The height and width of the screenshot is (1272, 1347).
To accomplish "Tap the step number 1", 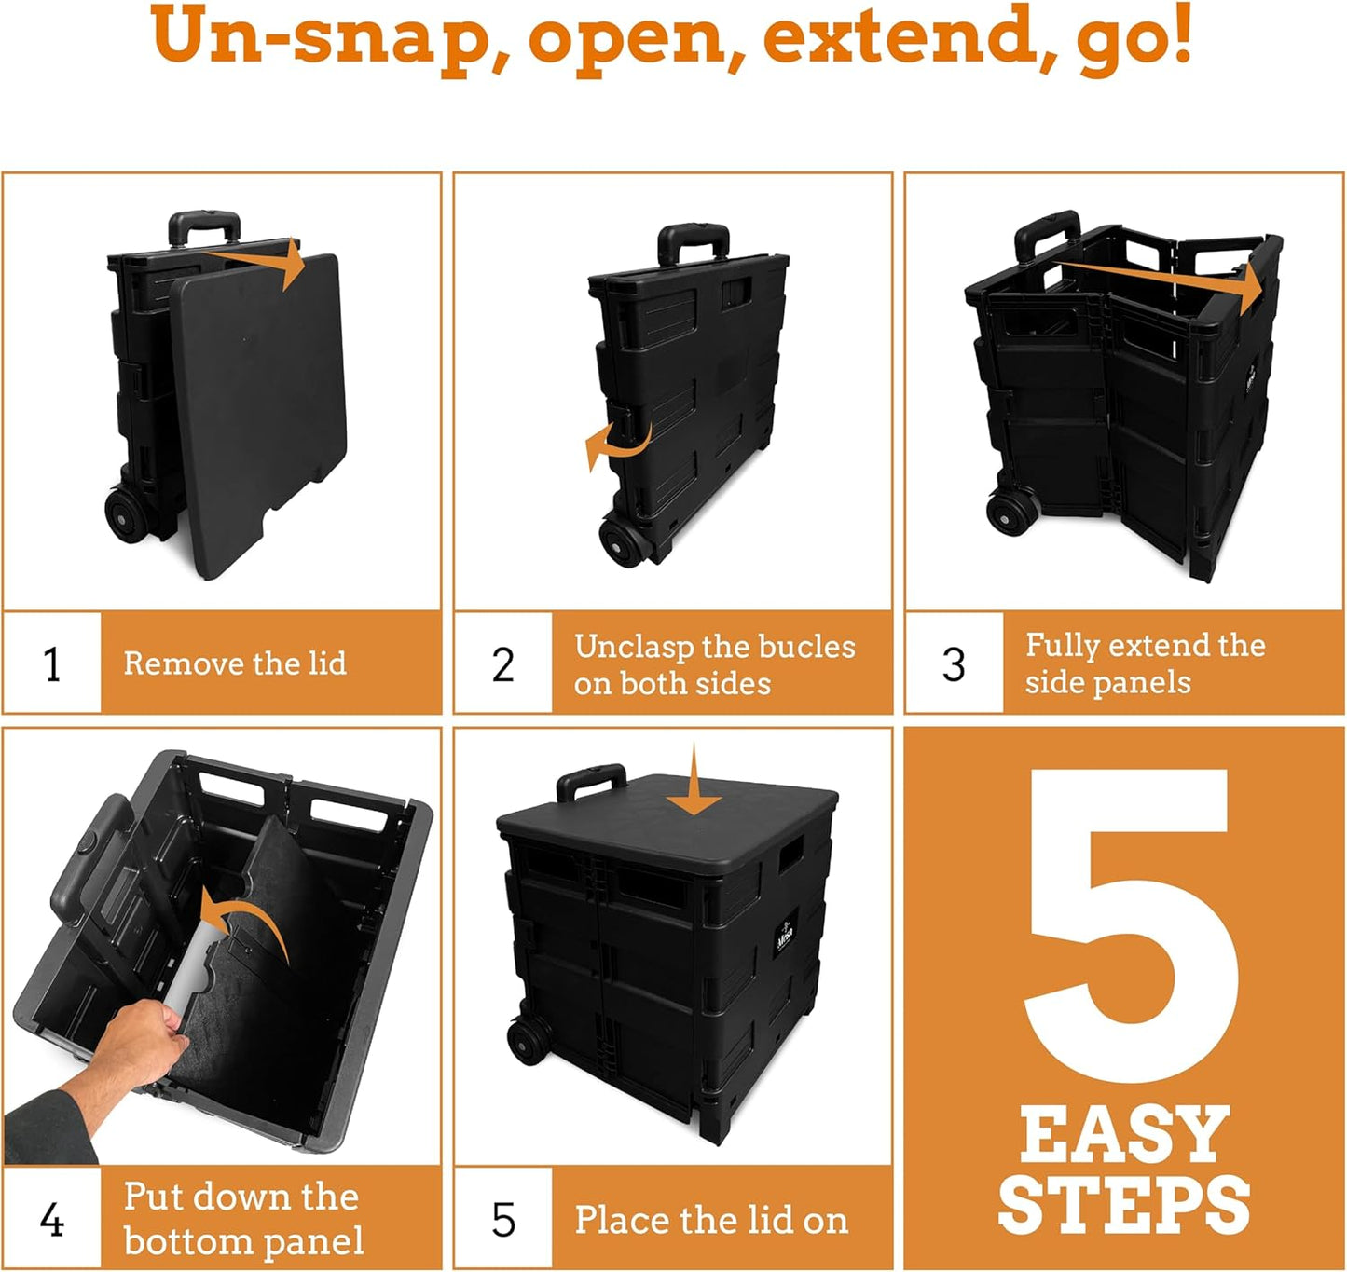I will pos(52,664).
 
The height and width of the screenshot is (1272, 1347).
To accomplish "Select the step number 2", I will pos(503,664).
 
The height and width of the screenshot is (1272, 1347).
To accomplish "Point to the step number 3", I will pos(954,664).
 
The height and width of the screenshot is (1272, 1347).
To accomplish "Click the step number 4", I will pos(52,1219).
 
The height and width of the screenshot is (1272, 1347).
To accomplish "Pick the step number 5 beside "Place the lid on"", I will pos(503,1219).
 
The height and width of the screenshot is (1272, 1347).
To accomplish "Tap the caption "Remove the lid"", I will pos(235,663).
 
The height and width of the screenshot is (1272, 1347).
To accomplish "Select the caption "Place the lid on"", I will pos(711,1220).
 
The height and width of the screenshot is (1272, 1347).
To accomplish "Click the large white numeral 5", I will pos(1130,927).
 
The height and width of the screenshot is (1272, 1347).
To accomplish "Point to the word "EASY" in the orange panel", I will pos(1124,1135).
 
